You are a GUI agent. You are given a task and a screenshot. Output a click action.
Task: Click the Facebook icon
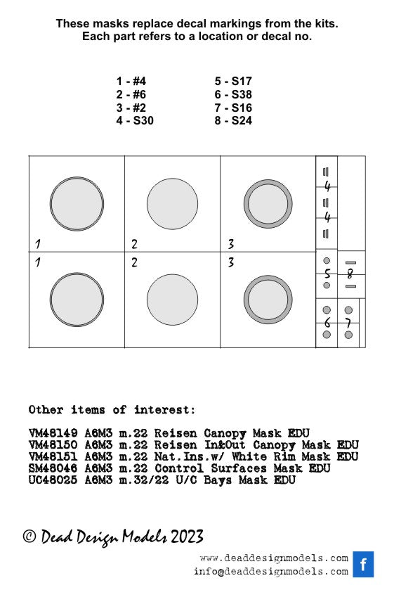point(363,564)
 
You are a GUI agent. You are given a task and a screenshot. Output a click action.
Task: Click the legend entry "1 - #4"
point(131,81)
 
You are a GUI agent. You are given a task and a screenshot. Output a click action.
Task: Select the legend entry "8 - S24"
point(233,120)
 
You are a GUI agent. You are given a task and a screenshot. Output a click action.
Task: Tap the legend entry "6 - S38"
point(233,94)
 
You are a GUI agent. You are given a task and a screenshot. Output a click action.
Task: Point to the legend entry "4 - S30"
point(135,120)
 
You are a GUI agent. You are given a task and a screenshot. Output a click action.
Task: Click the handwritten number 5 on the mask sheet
point(327,274)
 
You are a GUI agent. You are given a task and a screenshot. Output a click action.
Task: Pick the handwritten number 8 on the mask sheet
point(350,274)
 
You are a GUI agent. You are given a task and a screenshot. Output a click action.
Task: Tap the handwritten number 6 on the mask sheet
point(327,323)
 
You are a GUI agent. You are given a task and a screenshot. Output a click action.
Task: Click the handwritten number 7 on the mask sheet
point(348,323)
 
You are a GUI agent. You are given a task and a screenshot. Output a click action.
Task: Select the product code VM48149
point(53,433)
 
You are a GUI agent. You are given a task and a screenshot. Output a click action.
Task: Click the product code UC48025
point(53,480)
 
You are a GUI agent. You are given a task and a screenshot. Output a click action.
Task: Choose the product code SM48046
point(53,468)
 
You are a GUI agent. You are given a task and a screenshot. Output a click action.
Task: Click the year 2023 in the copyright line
point(188,537)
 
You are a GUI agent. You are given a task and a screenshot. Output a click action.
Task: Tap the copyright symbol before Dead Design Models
point(29,536)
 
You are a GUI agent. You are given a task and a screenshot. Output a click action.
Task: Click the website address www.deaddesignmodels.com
point(274,558)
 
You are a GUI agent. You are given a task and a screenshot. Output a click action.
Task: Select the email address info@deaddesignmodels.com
point(271,571)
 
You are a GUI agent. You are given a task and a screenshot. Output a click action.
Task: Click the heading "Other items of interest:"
point(112,409)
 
